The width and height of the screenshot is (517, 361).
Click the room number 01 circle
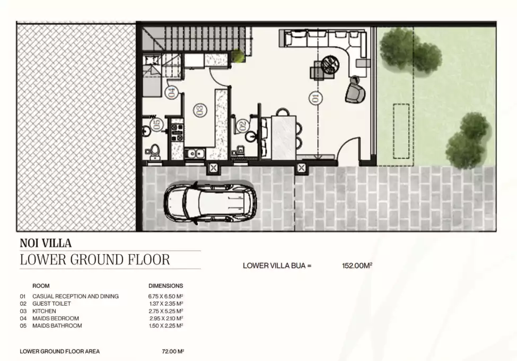[315, 98]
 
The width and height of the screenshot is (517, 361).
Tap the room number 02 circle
[242, 125]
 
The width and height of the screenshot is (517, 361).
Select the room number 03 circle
[200, 110]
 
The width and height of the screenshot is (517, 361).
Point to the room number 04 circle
[172, 92]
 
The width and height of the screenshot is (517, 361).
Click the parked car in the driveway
[210, 202]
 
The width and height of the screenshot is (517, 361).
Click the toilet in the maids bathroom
[154, 151]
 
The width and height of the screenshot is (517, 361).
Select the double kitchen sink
[195, 153]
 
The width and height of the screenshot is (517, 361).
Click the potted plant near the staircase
[238, 56]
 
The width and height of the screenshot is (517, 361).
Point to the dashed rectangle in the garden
[401, 131]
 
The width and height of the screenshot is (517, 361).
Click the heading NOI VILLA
[46, 243]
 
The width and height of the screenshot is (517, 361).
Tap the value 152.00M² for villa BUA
[357, 265]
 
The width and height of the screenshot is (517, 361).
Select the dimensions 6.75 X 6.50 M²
[165, 296]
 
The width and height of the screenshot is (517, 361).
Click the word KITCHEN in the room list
[44, 311]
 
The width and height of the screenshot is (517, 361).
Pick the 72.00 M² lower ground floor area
[173, 351]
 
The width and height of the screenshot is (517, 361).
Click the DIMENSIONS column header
[165, 286]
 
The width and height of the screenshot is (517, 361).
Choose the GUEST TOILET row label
[51, 304]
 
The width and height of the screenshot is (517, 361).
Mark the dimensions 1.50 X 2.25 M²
[166, 325]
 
